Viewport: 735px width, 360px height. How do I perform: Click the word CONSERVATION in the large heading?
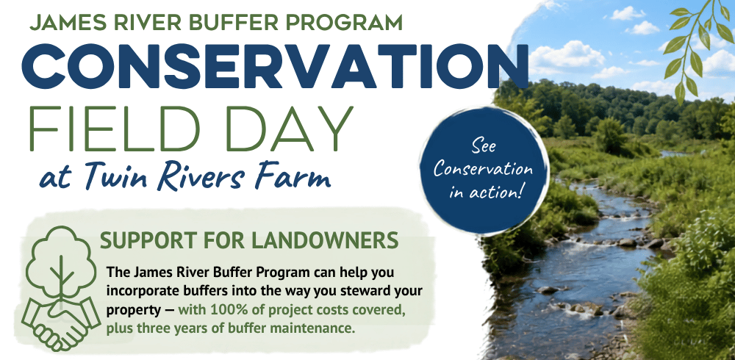click(275, 67)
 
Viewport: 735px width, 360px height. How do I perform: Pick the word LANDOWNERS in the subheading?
click(325, 240)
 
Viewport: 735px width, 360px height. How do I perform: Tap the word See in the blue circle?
click(484, 147)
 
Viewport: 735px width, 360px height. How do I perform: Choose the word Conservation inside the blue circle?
click(483, 169)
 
